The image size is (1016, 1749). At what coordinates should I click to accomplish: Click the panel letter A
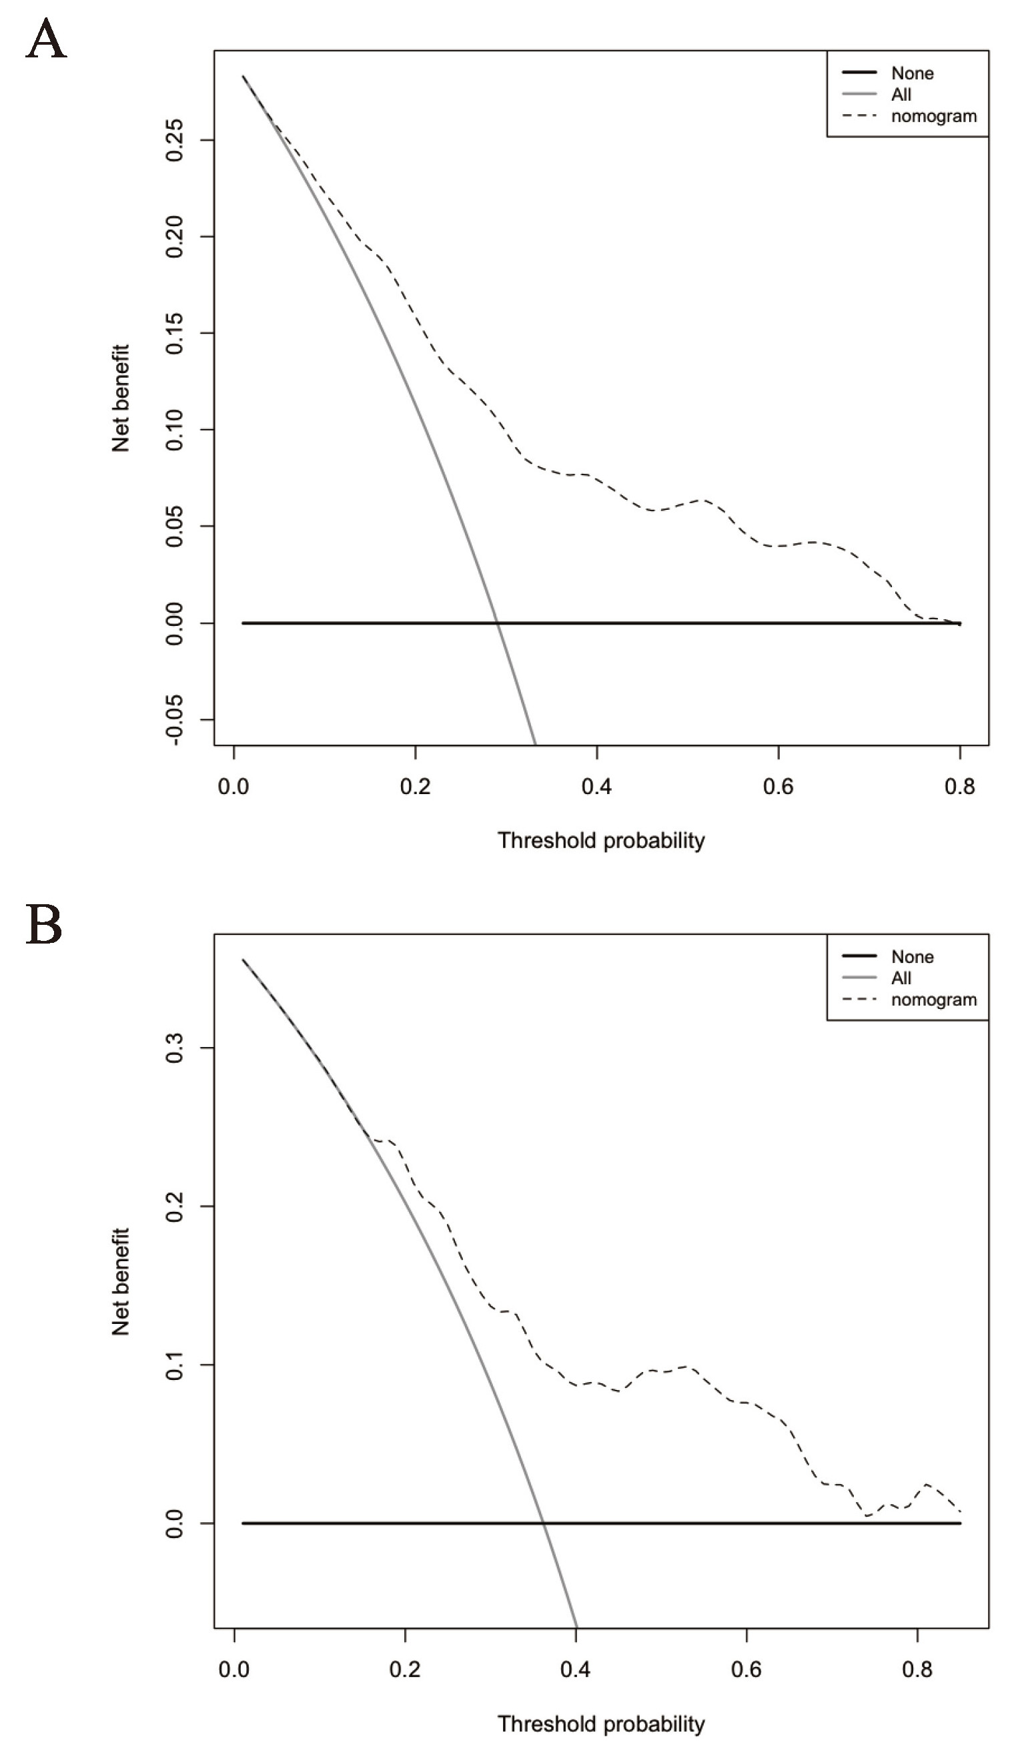[x=46, y=40]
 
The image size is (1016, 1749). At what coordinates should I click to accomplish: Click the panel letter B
[x=45, y=926]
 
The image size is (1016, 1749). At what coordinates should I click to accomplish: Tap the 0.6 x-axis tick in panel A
[x=778, y=786]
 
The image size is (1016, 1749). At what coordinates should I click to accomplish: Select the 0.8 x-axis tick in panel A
[x=960, y=786]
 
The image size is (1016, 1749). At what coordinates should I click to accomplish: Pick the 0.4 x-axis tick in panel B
[x=575, y=1669]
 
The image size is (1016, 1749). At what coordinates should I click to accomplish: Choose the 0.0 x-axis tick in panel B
[x=234, y=1669]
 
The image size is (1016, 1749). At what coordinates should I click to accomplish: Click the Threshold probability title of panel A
[x=601, y=841]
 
